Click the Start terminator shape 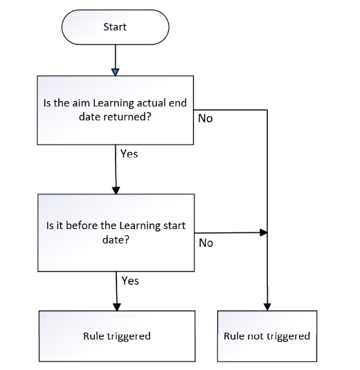[115, 27]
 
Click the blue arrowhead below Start [115, 71]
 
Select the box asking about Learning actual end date [116, 111]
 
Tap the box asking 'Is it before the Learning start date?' [116, 232]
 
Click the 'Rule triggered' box [116, 336]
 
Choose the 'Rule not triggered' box [267, 336]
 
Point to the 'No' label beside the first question [206, 118]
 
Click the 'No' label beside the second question [206, 243]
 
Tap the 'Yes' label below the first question [129, 154]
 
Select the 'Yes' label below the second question [129, 281]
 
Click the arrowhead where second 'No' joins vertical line [262, 233]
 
